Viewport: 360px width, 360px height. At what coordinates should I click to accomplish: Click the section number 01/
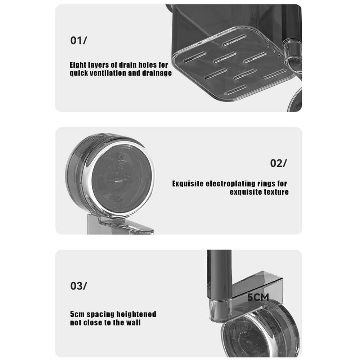78,40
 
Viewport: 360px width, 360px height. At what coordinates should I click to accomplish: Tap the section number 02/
278,163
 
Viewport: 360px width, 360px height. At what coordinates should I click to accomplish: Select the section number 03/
78,286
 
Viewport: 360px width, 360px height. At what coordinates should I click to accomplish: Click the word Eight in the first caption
78,65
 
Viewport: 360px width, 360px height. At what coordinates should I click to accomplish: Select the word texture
274,192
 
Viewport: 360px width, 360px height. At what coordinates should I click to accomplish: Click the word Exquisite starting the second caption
188,184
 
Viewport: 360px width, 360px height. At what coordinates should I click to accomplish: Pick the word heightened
136,314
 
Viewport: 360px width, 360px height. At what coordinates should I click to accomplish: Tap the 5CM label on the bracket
258,298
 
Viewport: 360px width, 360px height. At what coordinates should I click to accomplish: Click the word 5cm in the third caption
77,314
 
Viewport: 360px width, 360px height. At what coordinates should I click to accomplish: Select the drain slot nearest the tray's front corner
235,90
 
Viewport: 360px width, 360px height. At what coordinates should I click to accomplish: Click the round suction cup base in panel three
261,330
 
